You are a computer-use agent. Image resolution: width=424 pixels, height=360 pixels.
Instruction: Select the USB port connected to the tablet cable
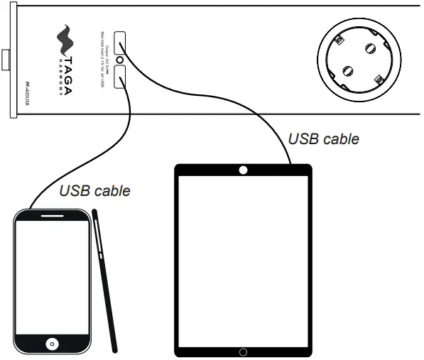pyautogui.click(x=119, y=42)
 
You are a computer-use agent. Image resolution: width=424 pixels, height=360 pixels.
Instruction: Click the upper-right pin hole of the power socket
pyautogui.click(x=369, y=50)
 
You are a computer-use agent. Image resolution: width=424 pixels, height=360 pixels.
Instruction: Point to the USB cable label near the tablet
pyautogui.click(x=323, y=138)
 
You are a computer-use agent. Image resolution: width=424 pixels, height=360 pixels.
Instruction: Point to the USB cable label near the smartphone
pyautogui.click(x=95, y=190)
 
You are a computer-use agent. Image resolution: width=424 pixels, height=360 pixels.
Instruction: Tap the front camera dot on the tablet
pyautogui.click(x=243, y=170)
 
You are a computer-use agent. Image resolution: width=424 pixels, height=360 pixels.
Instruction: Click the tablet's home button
pyautogui.click(x=243, y=351)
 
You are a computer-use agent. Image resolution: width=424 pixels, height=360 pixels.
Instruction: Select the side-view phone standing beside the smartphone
pyautogui.click(x=105, y=280)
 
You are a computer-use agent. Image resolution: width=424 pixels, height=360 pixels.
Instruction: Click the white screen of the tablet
pyautogui.click(x=243, y=259)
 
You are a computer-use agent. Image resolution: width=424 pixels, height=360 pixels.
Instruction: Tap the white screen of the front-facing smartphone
pyautogui.click(x=53, y=277)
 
